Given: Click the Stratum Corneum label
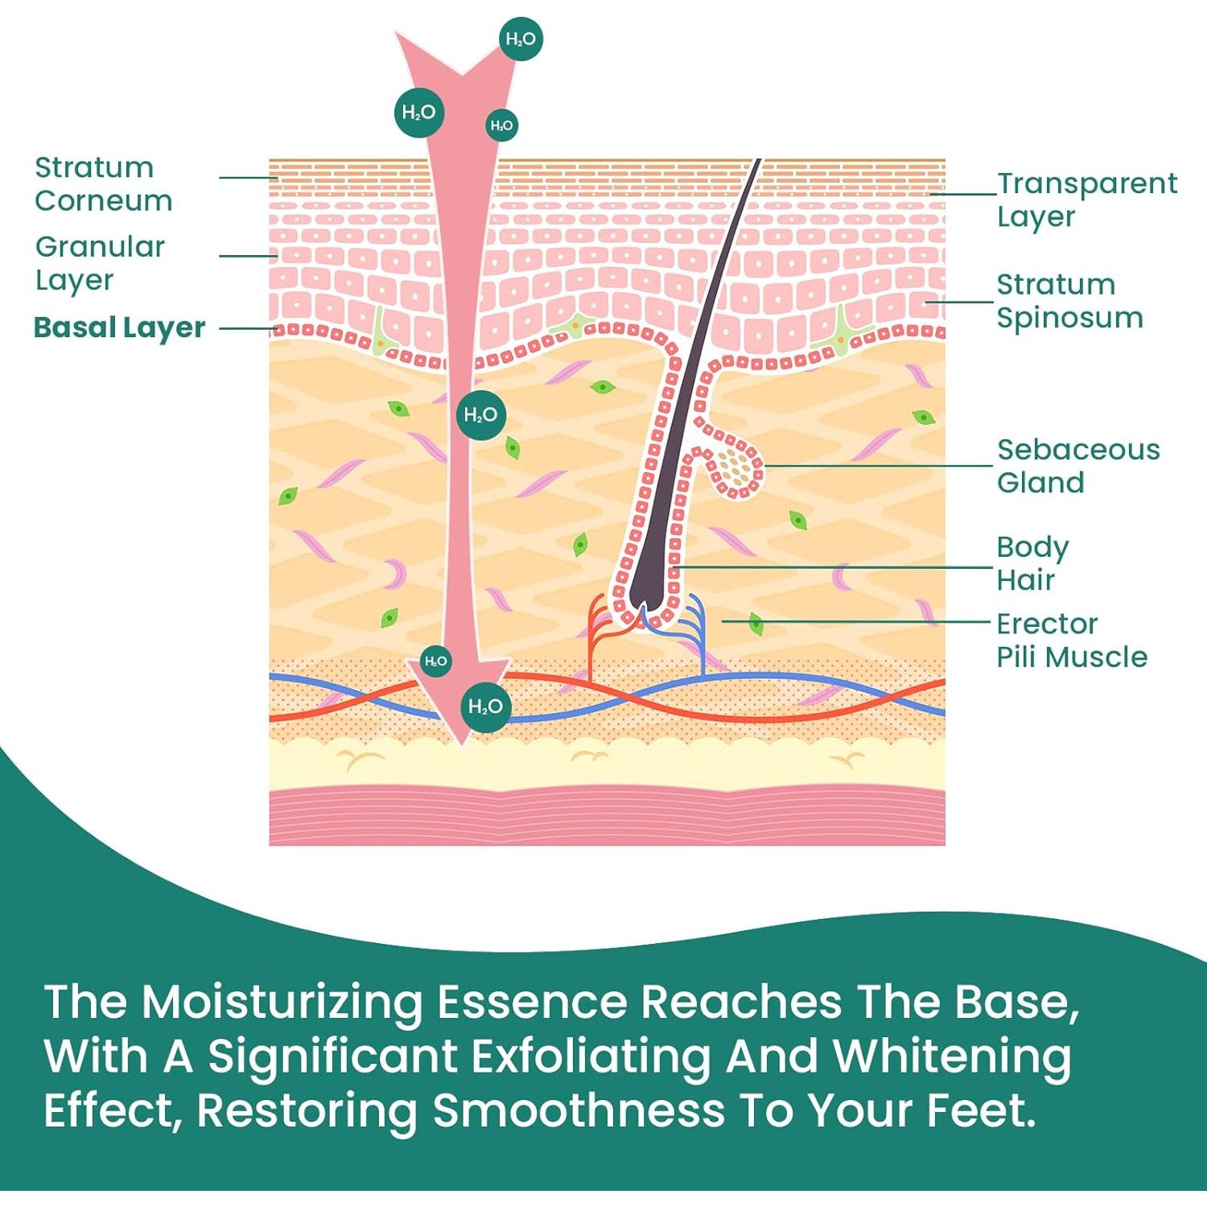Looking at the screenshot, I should tap(103, 184).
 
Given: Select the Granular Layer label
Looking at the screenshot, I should tap(100, 263).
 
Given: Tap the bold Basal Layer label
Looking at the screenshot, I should tap(120, 327).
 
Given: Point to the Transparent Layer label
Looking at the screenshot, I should tap(1086, 200).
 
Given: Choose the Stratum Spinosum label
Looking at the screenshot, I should tap(1069, 301).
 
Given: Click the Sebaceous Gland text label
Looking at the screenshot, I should tap(1078, 466).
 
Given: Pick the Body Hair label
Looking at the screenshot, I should tap(1032, 563).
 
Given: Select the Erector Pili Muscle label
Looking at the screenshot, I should tap(1071, 641).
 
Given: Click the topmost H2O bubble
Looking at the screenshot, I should tap(521, 39).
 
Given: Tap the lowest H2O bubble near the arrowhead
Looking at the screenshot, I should tap(485, 707).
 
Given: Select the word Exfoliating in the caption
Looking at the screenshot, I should tap(591, 1056).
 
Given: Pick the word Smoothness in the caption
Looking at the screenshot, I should tap(579, 1110).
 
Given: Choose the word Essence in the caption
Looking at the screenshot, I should tap(532, 1003).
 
